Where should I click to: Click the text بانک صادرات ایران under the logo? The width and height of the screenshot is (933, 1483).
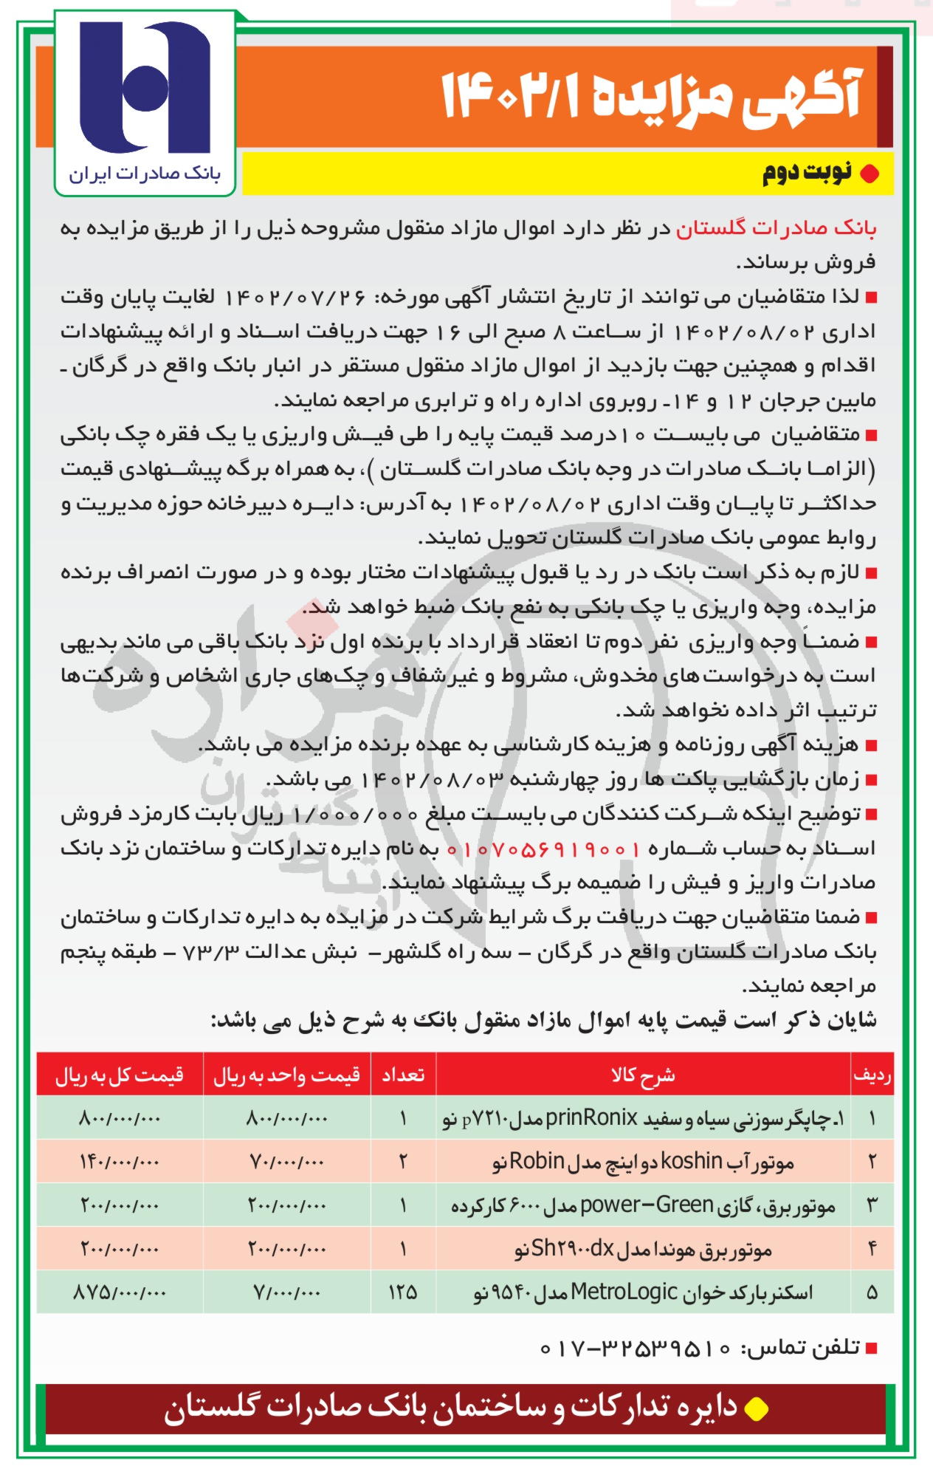[x=145, y=174]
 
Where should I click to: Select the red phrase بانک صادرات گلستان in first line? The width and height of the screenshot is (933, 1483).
[x=776, y=229]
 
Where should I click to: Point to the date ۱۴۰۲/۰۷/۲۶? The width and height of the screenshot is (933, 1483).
[x=295, y=298]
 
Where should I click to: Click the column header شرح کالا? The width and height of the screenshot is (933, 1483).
[x=642, y=1075]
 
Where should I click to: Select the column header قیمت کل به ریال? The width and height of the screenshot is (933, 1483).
[x=120, y=1075]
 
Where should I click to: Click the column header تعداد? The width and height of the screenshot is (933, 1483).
[x=403, y=1075]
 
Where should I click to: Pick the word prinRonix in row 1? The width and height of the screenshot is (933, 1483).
[x=591, y=1119]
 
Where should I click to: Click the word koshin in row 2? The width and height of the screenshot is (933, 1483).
[x=691, y=1162]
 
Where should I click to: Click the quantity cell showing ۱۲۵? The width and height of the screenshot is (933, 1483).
[x=403, y=1292]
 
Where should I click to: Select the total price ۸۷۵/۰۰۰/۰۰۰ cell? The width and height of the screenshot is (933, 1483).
[x=120, y=1292]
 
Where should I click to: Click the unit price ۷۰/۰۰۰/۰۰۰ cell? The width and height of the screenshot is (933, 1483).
[x=286, y=1162]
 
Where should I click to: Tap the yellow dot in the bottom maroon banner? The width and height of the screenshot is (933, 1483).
[x=756, y=1409]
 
